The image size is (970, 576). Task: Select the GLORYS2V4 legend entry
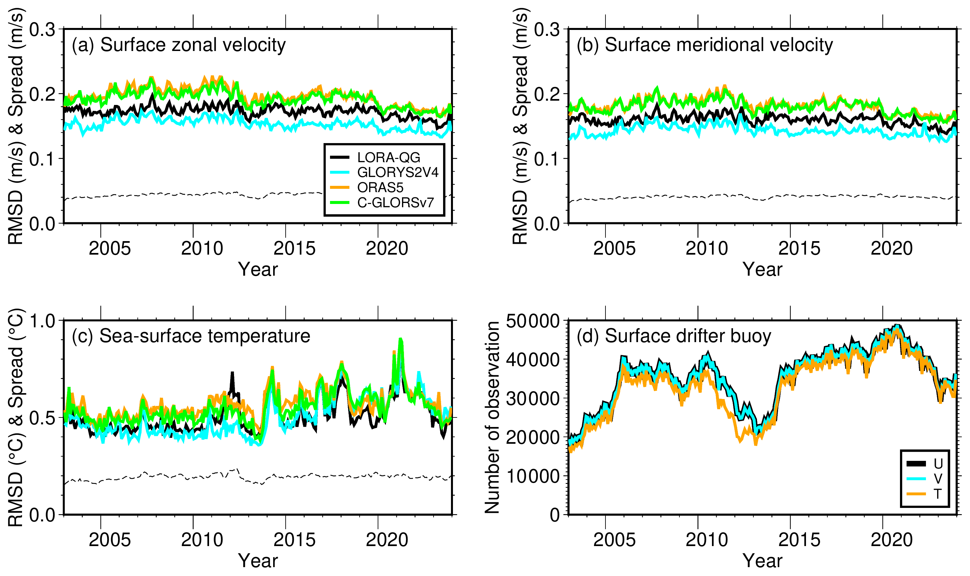click(x=384, y=172)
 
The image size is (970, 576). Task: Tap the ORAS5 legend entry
click(x=367, y=188)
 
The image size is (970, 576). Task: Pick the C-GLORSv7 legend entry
click(x=382, y=203)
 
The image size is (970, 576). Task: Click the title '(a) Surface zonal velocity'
click(x=179, y=45)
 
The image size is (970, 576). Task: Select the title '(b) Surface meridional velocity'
click(x=705, y=45)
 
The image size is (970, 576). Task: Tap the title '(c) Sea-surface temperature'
click(x=191, y=336)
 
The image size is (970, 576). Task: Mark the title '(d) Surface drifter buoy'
click(x=674, y=336)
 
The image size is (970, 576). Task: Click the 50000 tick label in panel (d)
click(x=533, y=321)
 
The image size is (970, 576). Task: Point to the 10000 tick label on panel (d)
click(x=533, y=476)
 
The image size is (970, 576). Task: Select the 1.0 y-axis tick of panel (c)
click(x=43, y=321)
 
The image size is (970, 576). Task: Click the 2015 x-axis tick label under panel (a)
click(x=295, y=248)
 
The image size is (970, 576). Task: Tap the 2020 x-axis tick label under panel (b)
click(x=892, y=248)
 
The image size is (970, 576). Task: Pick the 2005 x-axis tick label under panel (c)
click(x=110, y=540)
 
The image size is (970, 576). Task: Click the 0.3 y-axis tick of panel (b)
click(x=547, y=30)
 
